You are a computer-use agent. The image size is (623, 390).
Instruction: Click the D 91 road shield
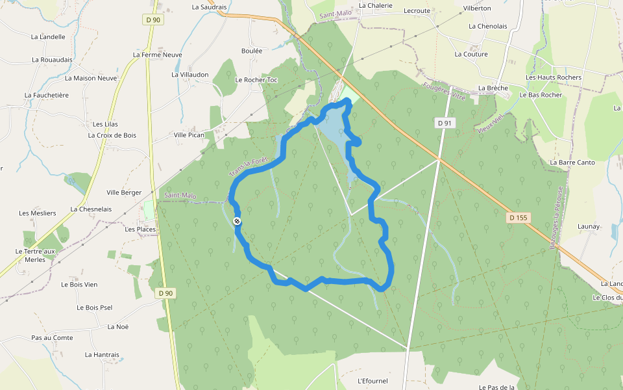tap(444, 123)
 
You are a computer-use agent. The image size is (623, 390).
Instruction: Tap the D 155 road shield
tap(519, 218)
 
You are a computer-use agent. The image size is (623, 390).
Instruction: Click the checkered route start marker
tap(238, 222)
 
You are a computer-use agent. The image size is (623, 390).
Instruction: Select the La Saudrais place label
tap(209, 7)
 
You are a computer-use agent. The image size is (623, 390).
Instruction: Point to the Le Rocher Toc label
tap(256, 80)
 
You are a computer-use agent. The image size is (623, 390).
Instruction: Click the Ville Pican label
tap(189, 135)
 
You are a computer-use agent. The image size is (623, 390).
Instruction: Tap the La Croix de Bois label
tap(112, 135)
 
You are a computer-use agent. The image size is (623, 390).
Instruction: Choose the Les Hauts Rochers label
tap(554, 77)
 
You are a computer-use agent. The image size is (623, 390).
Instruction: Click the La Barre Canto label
tap(572, 162)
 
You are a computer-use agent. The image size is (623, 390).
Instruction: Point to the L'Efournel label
tap(373, 381)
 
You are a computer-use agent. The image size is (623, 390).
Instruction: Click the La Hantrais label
tap(103, 355)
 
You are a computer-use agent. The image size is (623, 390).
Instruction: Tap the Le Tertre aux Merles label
tap(36, 255)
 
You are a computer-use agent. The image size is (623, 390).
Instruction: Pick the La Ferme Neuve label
tap(158, 55)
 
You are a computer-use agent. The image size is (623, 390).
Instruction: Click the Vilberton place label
tap(477, 8)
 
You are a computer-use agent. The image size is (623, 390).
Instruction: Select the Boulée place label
tap(252, 50)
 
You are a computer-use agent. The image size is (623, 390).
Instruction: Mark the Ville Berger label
tap(124, 192)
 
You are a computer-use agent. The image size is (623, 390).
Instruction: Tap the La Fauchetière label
tap(47, 95)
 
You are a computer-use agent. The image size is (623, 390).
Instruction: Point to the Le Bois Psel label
tap(95, 307)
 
